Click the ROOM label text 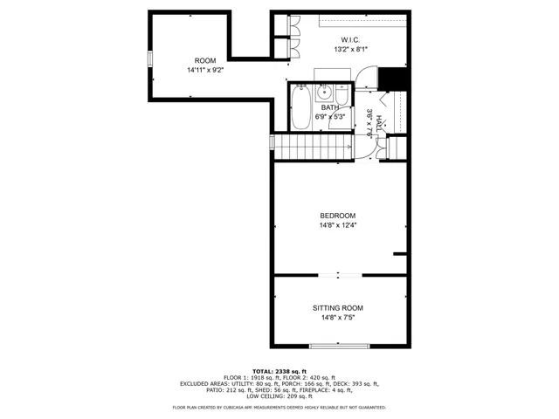205,60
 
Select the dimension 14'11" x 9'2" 205,70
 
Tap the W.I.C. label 350,40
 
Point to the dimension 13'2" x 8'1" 350,50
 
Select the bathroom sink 324,90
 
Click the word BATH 330,107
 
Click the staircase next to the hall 310,145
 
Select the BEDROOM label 337,216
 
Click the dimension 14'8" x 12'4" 337,225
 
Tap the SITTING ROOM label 337,308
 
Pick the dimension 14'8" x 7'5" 337,318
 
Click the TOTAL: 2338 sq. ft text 279,370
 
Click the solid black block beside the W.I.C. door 396,79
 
